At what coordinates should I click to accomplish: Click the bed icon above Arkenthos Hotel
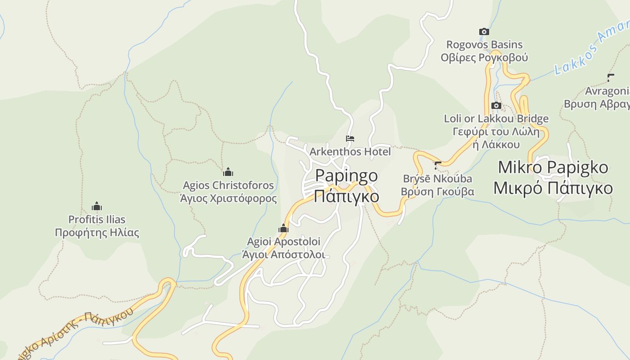point(350,139)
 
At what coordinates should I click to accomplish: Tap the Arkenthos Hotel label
point(350,152)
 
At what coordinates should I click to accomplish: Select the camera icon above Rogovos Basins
point(484,31)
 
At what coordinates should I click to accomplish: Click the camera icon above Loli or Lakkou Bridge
point(496,106)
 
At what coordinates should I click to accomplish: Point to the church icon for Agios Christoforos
point(228,172)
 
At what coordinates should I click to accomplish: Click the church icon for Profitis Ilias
point(97,207)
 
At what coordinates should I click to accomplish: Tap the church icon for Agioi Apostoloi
point(283,229)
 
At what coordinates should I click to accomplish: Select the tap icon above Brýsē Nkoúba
point(437,165)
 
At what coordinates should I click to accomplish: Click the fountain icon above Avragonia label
point(610,78)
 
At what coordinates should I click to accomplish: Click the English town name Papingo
point(346,175)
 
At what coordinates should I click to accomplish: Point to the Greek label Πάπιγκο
point(346,197)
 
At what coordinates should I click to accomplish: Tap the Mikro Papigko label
point(553,167)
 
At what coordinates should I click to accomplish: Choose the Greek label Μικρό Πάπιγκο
point(553,188)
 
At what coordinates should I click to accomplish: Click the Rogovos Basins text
point(484,45)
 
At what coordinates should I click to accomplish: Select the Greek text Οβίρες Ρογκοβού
point(484,58)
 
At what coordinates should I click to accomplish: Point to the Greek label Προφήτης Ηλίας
point(97,233)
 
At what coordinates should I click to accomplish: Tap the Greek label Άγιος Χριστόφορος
point(228,198)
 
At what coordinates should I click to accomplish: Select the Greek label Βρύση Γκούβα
point(437,192)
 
